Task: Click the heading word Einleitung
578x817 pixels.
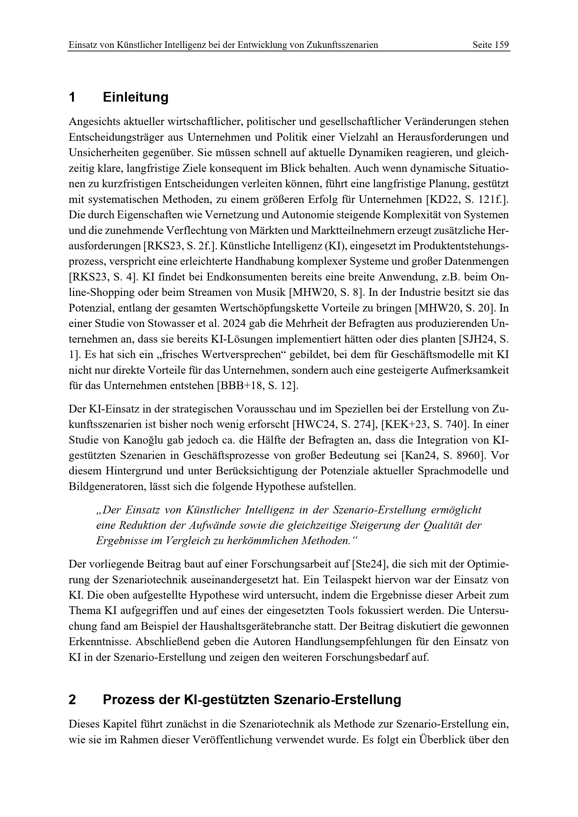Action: pyautogui.click(x=136, y=97)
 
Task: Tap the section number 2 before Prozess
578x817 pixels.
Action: pyautogui.click(x=72, y=700)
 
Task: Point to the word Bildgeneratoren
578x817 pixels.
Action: pyautogui.click(x=107, y=487)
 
